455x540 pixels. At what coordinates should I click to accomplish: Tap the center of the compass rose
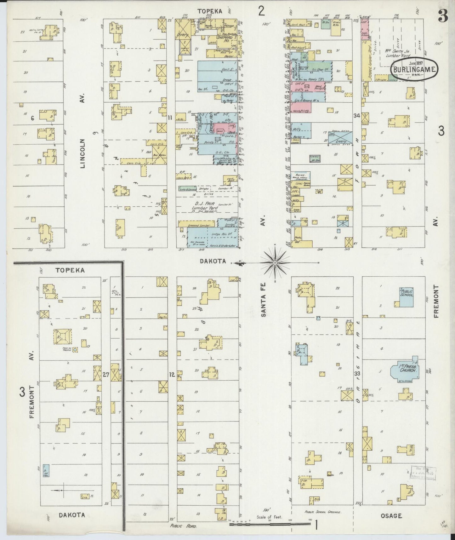coord(275,262)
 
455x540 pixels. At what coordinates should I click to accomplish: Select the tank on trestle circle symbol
coord(75,349)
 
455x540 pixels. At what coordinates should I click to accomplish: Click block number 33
coord(357,374)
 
